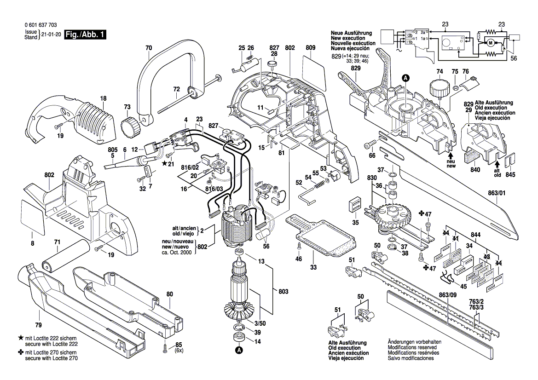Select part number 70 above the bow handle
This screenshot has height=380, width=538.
(148, 47)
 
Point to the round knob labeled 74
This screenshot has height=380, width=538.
(438, 87)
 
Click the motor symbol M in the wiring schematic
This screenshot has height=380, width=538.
(490, 43)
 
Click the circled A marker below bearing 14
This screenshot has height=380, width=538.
(239, 351)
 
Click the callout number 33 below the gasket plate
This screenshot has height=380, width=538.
(313, 267)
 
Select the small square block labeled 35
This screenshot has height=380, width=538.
(355, 205)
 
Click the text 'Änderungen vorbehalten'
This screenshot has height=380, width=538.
(414, 342)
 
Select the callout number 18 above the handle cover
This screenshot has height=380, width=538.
(103, 98)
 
